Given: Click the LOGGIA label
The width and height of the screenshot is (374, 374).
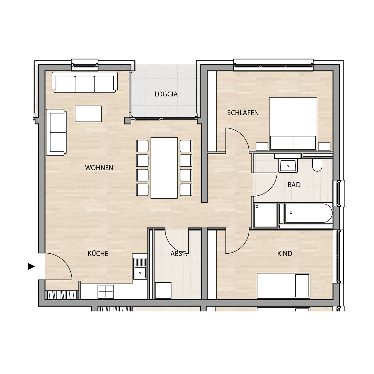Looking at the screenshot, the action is click(x=166, y=94).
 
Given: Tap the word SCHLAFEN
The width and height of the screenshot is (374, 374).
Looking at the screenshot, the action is click(x=243, y=113).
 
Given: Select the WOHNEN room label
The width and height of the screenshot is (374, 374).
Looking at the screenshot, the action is click(x=99, y=168).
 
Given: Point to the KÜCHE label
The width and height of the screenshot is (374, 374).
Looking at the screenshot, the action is click(x=98, y=253).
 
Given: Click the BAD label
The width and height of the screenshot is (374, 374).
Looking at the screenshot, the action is click(x=294, y=185).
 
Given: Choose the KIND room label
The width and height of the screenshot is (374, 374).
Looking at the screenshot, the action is click(x=285, y=254).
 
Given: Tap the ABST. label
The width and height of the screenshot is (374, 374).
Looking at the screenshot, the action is click(x=179, y=254).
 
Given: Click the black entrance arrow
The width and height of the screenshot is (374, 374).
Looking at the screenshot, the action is click(x=31, y=266).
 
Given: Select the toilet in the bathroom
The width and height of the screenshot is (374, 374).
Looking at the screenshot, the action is click(x=317, y=165).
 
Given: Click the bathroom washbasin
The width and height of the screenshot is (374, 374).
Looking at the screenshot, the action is click(x=288, y=165).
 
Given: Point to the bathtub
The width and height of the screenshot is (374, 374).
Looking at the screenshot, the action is click(x=309, y=213).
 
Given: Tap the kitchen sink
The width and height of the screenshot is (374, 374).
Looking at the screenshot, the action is click(x=140, y=269).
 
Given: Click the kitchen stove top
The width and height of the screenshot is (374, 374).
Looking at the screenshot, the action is click(x=106, y=291).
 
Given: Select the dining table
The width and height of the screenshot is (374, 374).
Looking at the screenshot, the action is click(x=164, y=168).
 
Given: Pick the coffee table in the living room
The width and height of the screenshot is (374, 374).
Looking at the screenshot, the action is click(x=88, y=114).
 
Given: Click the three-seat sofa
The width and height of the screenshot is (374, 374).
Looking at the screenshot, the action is click(x=85, y=82).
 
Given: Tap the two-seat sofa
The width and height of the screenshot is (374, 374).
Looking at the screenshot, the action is click(x=56, y=132).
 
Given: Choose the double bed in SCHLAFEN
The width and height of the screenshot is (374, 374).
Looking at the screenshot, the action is click(x=293, y=124).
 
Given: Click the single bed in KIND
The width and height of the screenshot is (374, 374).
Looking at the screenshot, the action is click(x=283, y=286).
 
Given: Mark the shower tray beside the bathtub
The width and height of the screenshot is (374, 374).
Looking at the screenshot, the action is click(x=265, y=215).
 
